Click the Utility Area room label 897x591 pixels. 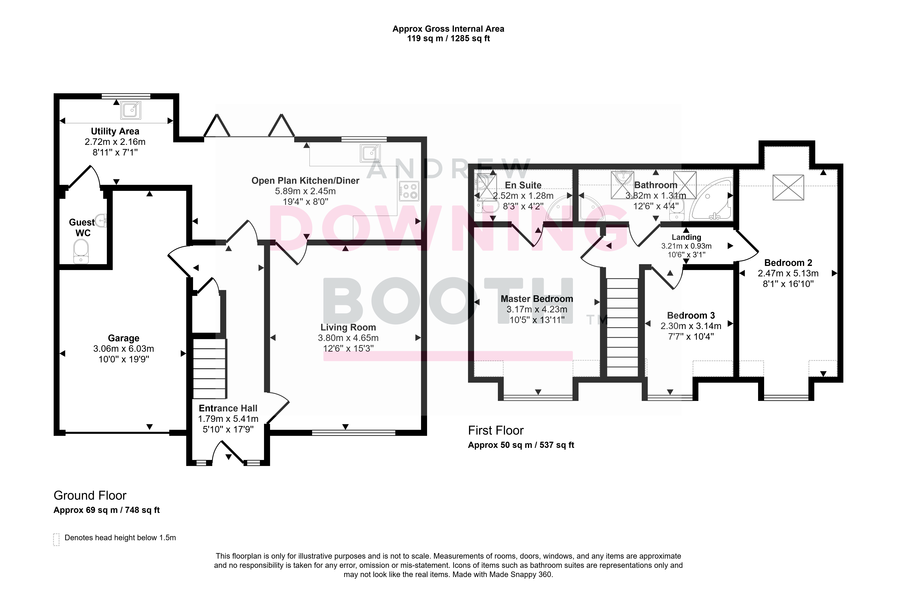click(x=115, y=131)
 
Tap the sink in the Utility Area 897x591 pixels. click(x=131, y=110)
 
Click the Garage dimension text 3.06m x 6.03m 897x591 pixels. click(x=124, y=349)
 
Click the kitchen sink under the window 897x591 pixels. click(x=370, y=153)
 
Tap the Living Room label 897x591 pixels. click(x=348, y=327)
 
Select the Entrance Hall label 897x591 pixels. click(x=228, y=408)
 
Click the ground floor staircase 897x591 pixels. click(x=210, y=369)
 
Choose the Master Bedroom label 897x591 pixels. click(x=537, y=299)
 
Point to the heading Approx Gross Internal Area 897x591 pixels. click(x=448, y=29)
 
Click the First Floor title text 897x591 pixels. click(x=496, y=430)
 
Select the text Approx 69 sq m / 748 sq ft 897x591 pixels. click(x=107, y=510)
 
